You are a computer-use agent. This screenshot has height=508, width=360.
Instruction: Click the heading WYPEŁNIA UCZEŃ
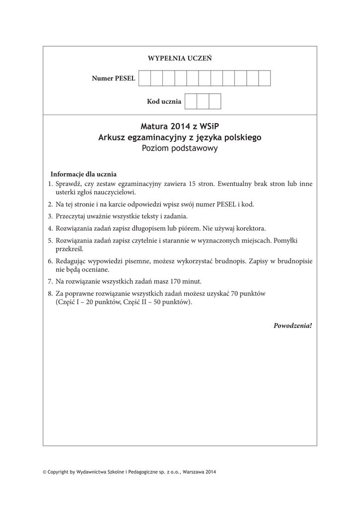180,59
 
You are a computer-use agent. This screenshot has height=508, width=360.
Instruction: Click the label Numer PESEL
113,79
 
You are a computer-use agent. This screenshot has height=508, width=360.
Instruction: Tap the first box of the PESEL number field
144,78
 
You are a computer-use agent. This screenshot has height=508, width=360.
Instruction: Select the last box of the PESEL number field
264,78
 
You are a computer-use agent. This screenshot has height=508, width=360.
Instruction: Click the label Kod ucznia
164,102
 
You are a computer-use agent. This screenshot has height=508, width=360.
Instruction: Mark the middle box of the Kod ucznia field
203,101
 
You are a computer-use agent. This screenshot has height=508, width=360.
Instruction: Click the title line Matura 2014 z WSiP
179,127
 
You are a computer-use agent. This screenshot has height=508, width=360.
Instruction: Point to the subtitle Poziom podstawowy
179,148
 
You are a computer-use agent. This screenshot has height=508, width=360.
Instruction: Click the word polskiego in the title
240,137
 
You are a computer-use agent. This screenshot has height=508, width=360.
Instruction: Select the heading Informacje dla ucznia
83,174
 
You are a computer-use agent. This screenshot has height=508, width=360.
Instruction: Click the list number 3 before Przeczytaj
50,216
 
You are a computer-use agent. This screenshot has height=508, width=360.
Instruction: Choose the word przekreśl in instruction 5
70,249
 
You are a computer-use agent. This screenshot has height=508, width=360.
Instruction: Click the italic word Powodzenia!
292,326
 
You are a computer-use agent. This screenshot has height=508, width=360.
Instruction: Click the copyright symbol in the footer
45,472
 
